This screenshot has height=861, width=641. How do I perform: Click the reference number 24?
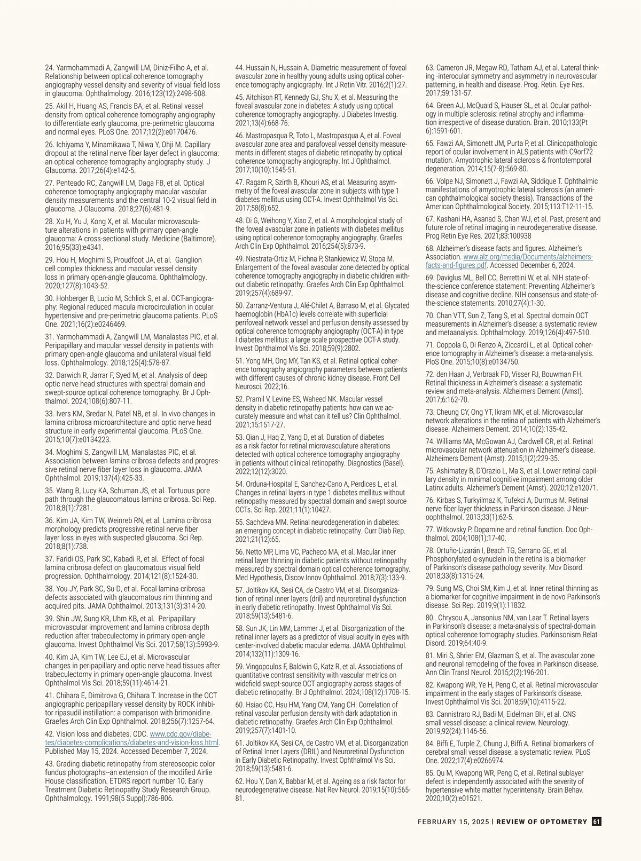49,68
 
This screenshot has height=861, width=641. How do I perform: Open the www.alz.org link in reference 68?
528,257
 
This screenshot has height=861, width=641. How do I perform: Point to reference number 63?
430,68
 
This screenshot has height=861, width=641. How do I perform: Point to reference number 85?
430,773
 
